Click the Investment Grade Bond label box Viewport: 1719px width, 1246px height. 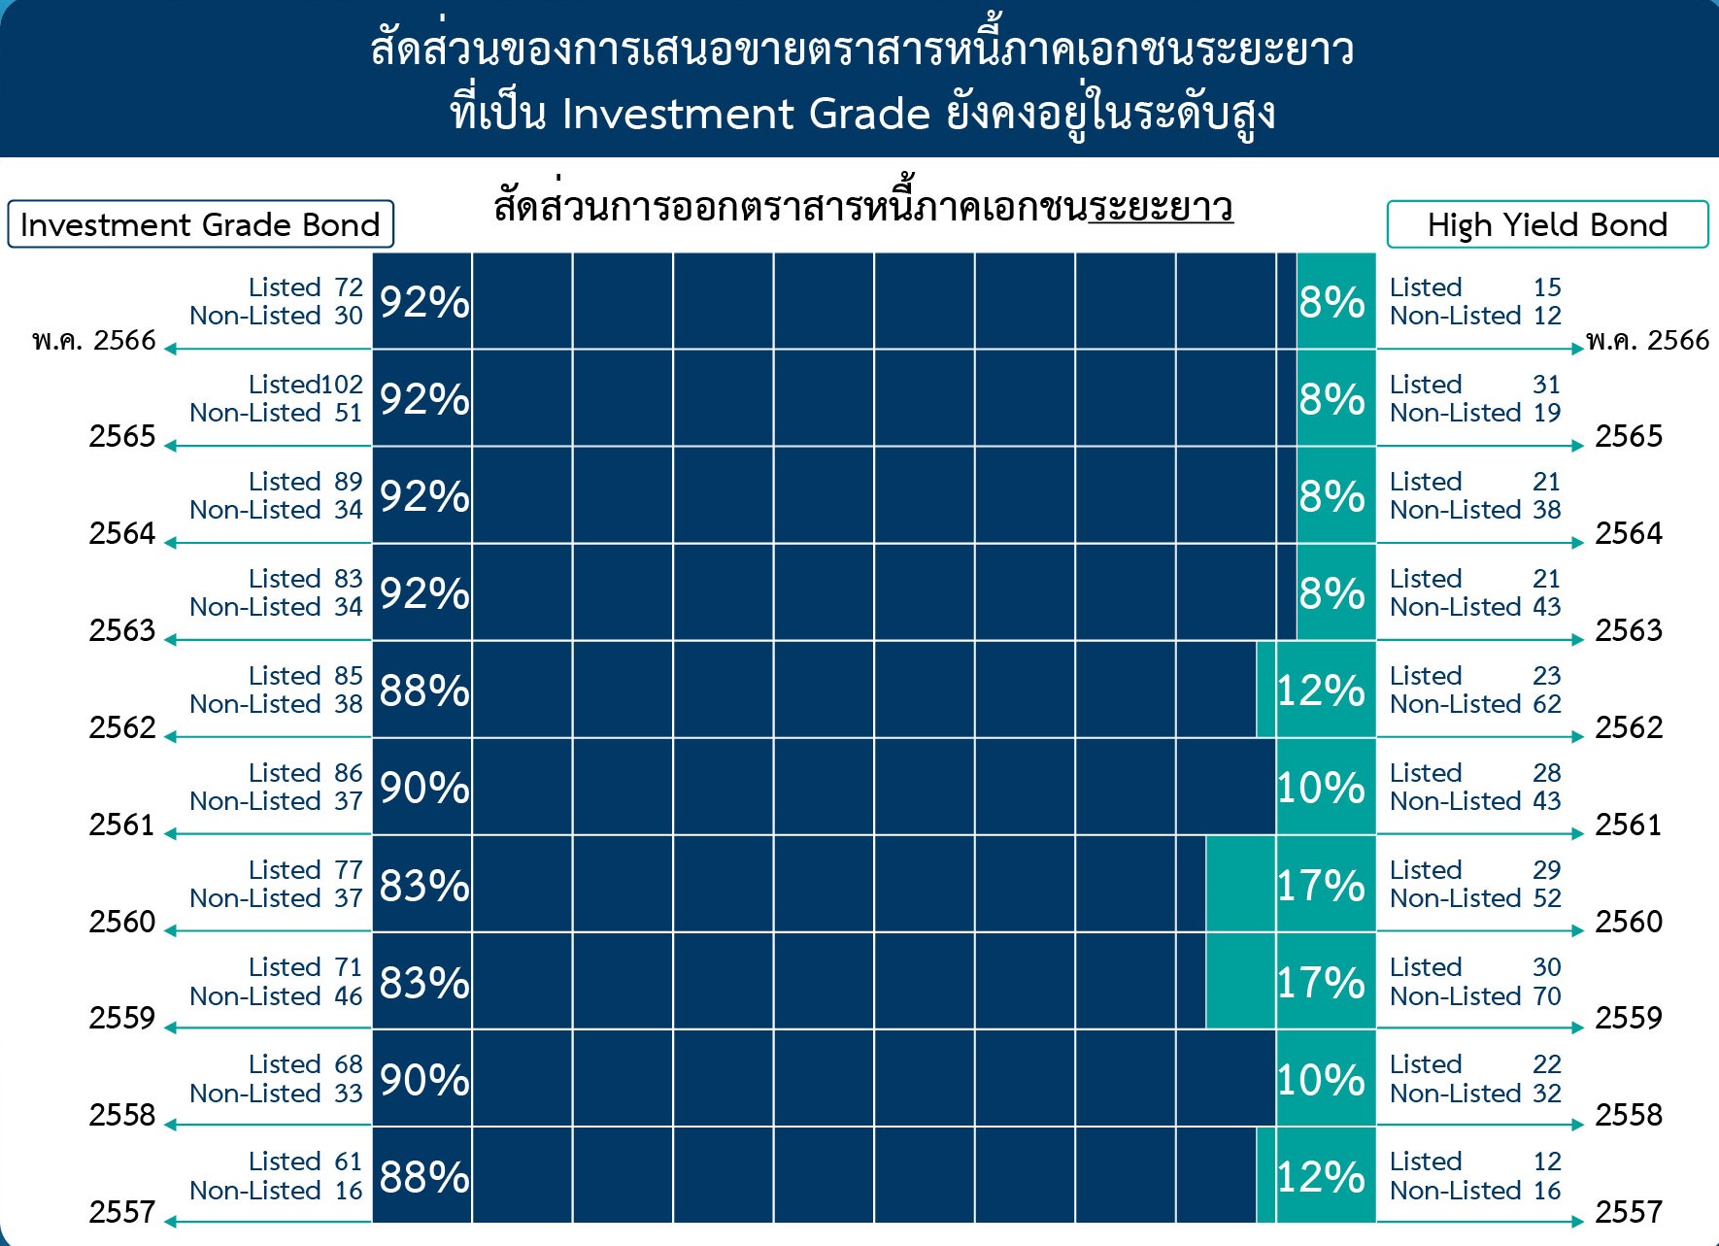pos(201,224)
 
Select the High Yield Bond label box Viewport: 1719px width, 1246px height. pos(1547,224)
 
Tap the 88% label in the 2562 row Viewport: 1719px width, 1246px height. pos(424,690)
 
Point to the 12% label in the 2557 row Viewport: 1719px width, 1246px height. pos(1321,1176)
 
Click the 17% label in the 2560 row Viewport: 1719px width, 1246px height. pos(1321,885)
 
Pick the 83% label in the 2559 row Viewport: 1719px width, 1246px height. pos(424,982)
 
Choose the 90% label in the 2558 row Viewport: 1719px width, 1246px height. pos(424,1079)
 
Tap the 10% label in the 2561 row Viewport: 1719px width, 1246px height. pos(1321,788)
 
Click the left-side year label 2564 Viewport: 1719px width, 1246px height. pos(122,533)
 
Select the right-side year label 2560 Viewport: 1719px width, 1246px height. pos(1629,921)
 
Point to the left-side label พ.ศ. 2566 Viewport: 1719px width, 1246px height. pos(94,340)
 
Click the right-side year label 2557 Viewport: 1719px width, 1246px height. pos(1629,1212)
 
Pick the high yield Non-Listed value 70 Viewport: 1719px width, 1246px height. pos(1547,996)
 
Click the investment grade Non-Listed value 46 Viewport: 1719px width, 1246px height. pos(349,996)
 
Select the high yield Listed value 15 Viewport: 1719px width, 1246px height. pos(1547,287)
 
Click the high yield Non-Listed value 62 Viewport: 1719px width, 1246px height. pos(1547,704)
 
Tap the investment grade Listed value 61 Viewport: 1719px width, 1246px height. pos(349,1162)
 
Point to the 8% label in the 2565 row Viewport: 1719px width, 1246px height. pos(1332,399)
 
